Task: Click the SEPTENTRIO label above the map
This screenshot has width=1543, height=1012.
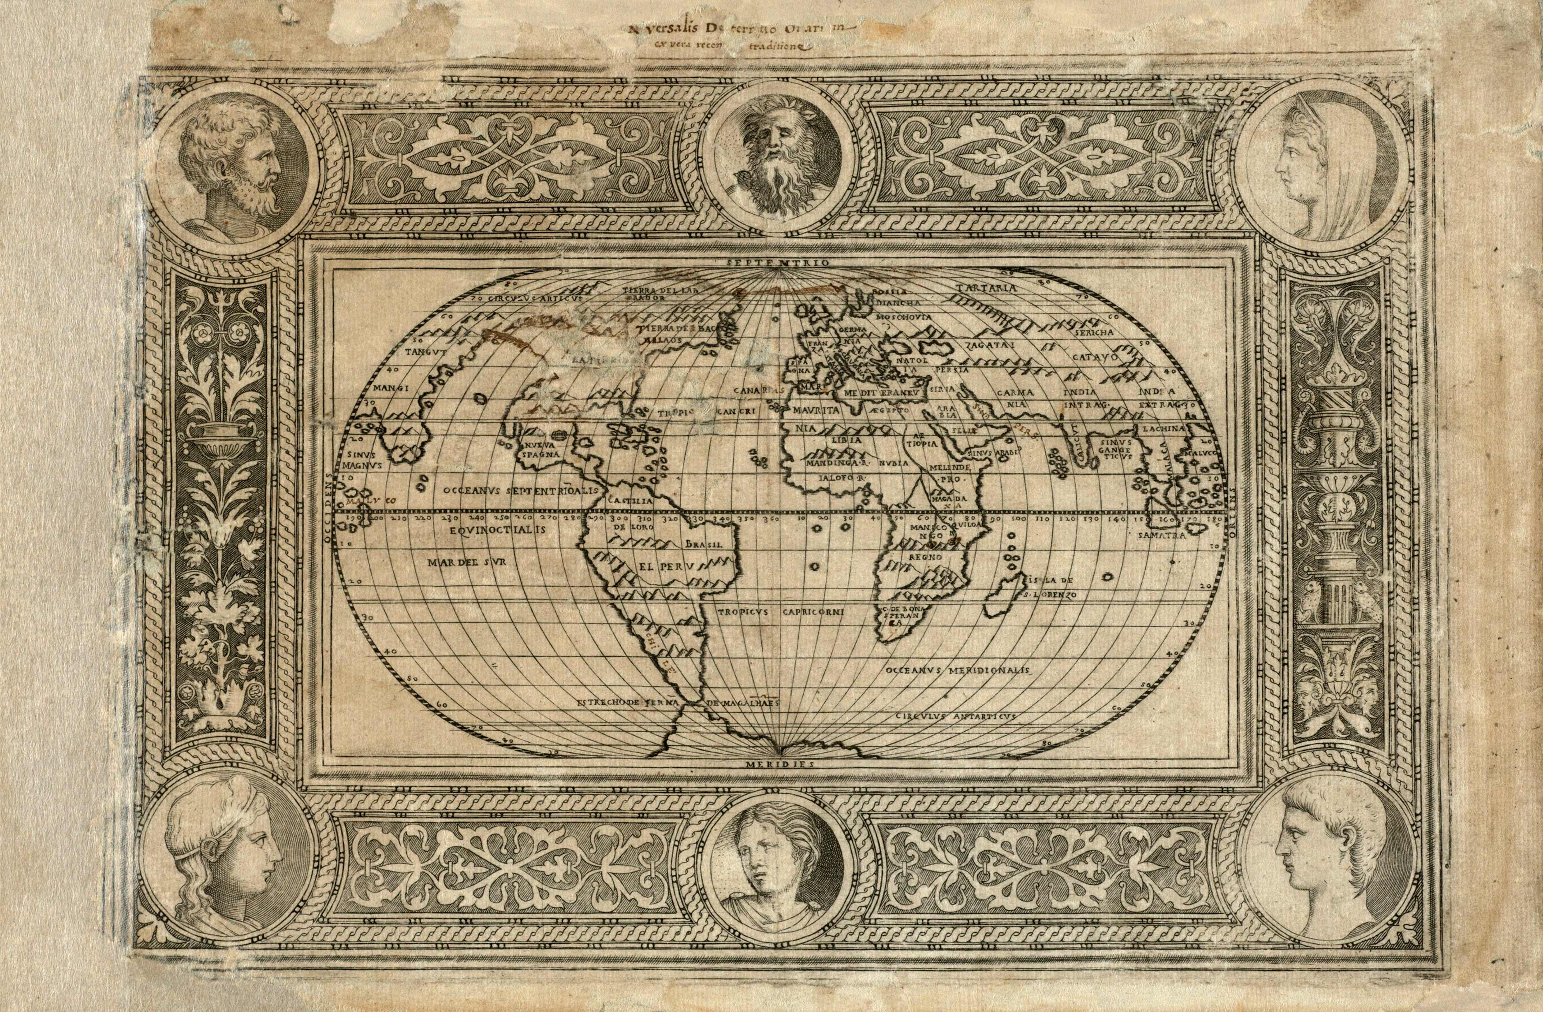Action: coord(778,263)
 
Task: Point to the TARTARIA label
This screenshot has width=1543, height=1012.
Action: coord(986,288)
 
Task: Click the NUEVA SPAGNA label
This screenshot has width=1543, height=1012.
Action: coord(537,450)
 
